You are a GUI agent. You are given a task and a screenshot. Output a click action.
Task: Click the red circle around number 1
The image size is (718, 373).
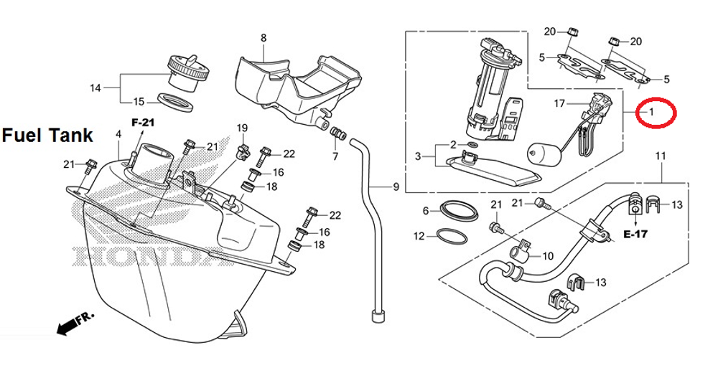pyautogui.click(x=656, y=113)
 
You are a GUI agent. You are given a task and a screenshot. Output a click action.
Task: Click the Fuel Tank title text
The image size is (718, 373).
pyautogui.click(x=47, y=135)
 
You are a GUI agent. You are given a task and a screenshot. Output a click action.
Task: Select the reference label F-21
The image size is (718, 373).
pyautogui.click(x=143, y=123)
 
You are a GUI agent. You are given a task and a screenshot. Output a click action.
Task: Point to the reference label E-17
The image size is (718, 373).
pyautogui.click(x=635, y=234)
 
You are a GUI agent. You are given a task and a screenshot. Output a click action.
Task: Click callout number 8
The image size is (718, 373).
pyautogui.click(x=263, y=37)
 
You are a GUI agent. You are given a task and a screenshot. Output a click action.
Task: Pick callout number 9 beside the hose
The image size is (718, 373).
pyautogui.click(x=396, y=187)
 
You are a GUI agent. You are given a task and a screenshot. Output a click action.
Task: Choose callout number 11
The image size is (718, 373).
pyautogui.click(x=661, y=156)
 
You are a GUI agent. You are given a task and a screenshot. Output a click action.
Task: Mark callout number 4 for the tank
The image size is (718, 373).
pyautogui.click(x=118, y=134)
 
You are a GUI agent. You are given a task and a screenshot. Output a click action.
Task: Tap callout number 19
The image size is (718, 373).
pyautogui.click(x=242, y=128)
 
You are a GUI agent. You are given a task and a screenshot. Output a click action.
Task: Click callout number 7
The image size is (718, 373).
pyautogui.click(x=335, y=156)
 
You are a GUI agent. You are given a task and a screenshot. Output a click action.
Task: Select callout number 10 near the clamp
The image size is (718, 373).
pyautogui.click(x=547, y=255)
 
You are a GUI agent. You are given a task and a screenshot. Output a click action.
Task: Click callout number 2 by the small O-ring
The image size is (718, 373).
pyautogui.click(x=454, y=145)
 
